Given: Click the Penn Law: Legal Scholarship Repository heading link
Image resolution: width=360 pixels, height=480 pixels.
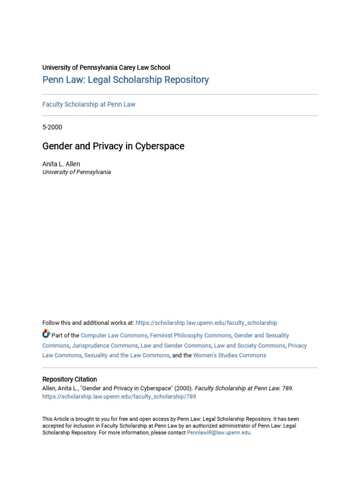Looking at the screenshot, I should pos(126,80).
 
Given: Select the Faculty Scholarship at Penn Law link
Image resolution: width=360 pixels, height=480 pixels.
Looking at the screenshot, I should pos(89,105).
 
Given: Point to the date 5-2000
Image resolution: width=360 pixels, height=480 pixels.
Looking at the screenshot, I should pos(52,127).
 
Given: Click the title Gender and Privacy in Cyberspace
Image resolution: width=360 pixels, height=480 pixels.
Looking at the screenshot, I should pos(113,146).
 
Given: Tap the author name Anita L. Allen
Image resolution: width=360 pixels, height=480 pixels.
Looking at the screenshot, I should pos(61,164).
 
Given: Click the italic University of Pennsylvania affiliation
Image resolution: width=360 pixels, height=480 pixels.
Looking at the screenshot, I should pos(76,172).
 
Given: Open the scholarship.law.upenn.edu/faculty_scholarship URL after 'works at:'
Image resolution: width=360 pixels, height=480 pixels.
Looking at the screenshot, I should pos(206,323).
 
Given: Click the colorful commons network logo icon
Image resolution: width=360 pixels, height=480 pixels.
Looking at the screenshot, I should pos(46,334).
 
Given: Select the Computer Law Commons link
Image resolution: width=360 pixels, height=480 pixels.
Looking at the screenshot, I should pos(114,336).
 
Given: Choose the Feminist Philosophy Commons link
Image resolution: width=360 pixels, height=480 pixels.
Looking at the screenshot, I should pos(190,336).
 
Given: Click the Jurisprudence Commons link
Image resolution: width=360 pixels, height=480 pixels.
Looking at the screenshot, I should pos(105,345).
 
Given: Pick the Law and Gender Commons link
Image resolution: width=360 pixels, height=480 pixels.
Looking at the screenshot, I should pos(176,345).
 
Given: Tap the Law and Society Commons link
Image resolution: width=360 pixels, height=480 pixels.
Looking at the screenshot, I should pos(249,345).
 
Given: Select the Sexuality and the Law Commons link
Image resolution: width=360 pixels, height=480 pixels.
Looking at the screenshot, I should pos(127,355).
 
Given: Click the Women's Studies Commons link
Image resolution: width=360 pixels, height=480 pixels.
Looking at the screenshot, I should pos(229,355).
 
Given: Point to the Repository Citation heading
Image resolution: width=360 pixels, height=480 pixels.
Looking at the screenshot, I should pos(69,379).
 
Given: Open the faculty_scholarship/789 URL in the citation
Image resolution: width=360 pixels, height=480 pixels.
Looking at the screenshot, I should pos(119,397).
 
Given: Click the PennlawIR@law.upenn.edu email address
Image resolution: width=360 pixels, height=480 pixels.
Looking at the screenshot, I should pos(218,433).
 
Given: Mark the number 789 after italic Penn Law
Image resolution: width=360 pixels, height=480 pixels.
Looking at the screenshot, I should pos(287,389).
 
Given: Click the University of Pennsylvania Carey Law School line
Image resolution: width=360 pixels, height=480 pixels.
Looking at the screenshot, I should pos(106,67).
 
